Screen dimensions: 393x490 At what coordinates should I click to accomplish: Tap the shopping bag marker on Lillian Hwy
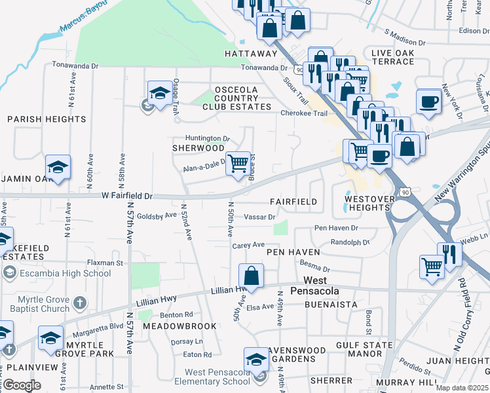251,275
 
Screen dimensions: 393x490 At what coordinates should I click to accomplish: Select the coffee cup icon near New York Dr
429,102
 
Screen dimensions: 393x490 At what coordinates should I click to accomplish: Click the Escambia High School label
56,273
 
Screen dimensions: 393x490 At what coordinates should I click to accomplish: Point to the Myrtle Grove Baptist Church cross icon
79,303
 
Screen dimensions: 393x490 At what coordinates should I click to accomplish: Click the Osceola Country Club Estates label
236,98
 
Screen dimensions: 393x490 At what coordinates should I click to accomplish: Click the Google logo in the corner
22,384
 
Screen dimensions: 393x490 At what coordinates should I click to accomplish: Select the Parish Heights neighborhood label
47,119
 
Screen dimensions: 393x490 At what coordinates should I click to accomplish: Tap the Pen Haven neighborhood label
293,252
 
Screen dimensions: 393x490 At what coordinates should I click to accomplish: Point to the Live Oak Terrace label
392,57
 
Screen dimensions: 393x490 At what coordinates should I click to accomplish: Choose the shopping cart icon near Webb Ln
432,266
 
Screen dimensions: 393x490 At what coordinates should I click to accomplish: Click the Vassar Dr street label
259,216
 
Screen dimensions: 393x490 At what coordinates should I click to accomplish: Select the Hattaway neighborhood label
251,54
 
